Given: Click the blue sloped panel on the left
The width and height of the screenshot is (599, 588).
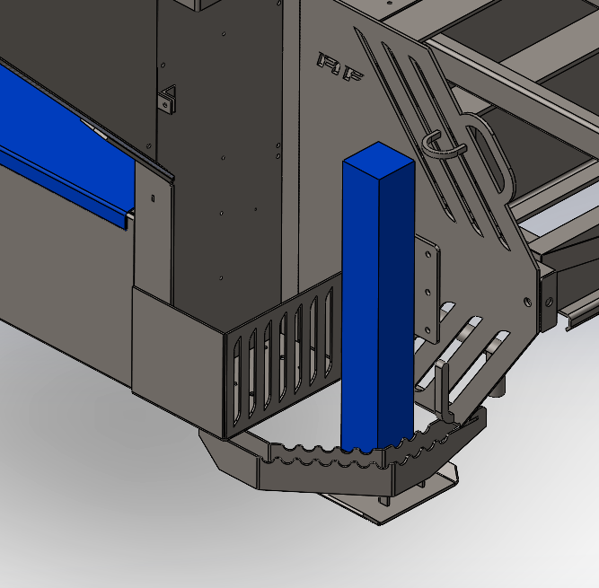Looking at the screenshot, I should coord(63,135).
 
